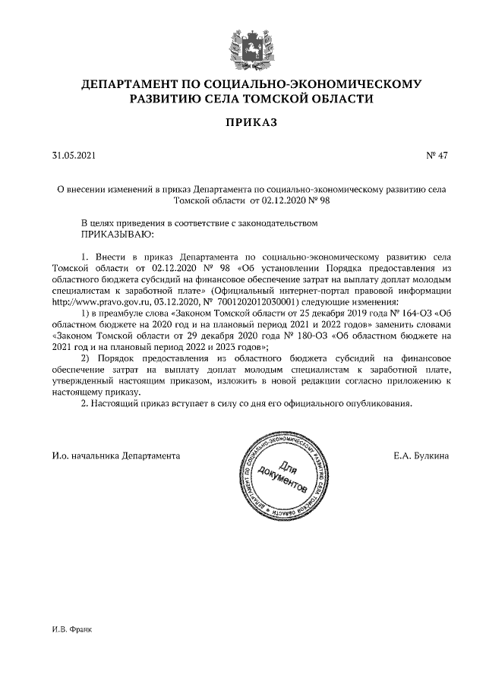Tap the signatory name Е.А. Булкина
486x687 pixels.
[421, 456]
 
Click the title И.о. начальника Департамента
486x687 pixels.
[115, 456]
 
